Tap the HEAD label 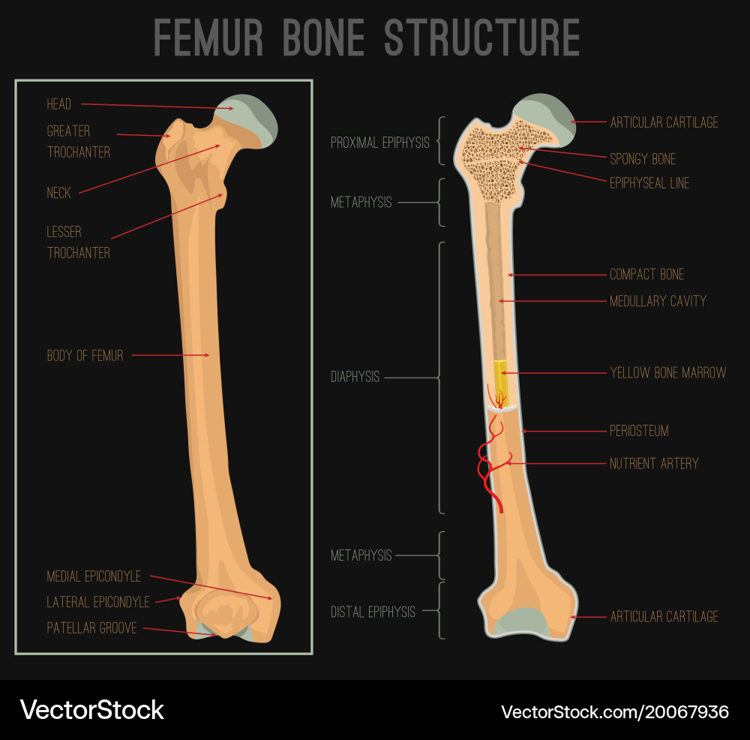pos(59,104)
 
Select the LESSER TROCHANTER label pos(78,242)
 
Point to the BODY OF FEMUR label pos(85,356)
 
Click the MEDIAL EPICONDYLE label pos(94,576)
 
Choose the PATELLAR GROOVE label pos(91,628)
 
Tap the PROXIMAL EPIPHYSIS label pos(380,142)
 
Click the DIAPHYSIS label pos(355,377)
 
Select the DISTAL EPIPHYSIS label pos(373,612)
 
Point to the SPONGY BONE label pos(643,159)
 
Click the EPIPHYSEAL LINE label pos(649,183)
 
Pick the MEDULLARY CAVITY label pos(658,301)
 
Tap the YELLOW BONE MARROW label pos(667,372)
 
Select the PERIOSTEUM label pos(639,431)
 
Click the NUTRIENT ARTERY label pos(654,463)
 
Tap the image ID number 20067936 pos(614,711)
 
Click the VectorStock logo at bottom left pos(91,710)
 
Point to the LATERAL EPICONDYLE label pos(98,602)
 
